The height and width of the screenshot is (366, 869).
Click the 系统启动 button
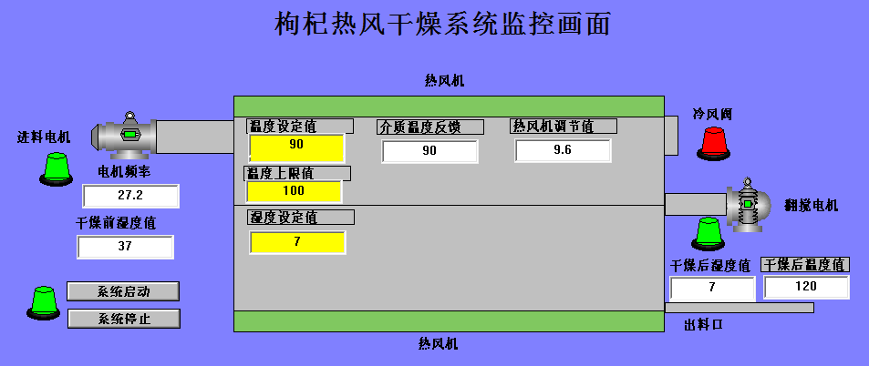(x=123, y=291)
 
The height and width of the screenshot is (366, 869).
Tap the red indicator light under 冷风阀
(x=714, y=142)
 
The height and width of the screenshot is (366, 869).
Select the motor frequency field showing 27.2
(x=130, y=196)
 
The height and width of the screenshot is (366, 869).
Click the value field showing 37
(x=125, y=247)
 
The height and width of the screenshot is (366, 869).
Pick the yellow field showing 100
(x=294, y=191)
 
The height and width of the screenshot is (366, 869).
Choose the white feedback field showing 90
(x=429, y=151)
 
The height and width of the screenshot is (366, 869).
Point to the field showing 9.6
(x=562, y=150)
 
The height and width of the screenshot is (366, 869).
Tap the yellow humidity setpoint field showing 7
(x=296, y=242)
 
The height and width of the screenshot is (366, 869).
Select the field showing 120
(x=806, y=287)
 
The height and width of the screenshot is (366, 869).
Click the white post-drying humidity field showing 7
(x=712, y=289)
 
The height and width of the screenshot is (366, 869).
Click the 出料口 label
(x=703, y=324)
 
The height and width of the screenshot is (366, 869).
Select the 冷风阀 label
(x=712, y=115)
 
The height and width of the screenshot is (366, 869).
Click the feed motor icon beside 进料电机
(x=127, y=136)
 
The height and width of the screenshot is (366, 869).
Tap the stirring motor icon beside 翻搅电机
(x=748, y=207)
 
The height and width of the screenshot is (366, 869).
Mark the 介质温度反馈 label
(x=419, y=127)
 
